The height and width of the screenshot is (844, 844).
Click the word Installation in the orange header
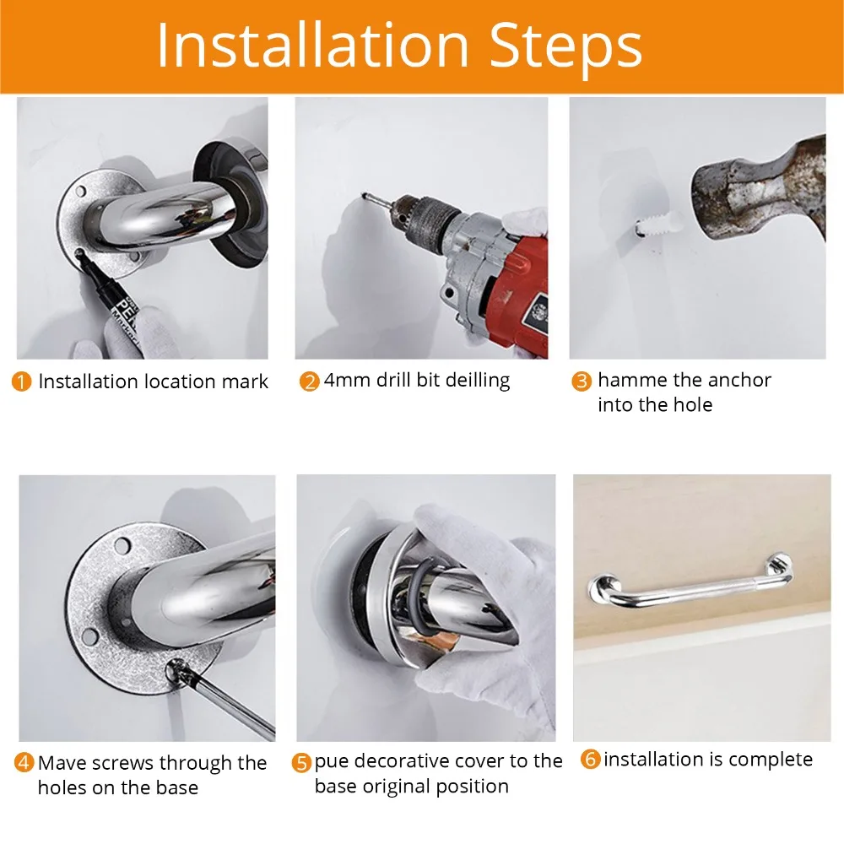311,46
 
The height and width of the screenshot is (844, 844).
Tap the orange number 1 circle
23,382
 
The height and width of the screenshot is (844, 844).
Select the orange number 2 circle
309,381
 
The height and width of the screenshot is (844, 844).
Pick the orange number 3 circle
582,381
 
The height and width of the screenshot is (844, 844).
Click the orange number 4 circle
24,764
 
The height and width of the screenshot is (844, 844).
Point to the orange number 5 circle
301,763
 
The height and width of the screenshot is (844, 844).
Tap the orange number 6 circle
591,760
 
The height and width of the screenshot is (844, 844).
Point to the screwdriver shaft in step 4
228,701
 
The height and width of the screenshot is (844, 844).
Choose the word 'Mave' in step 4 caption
62,764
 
